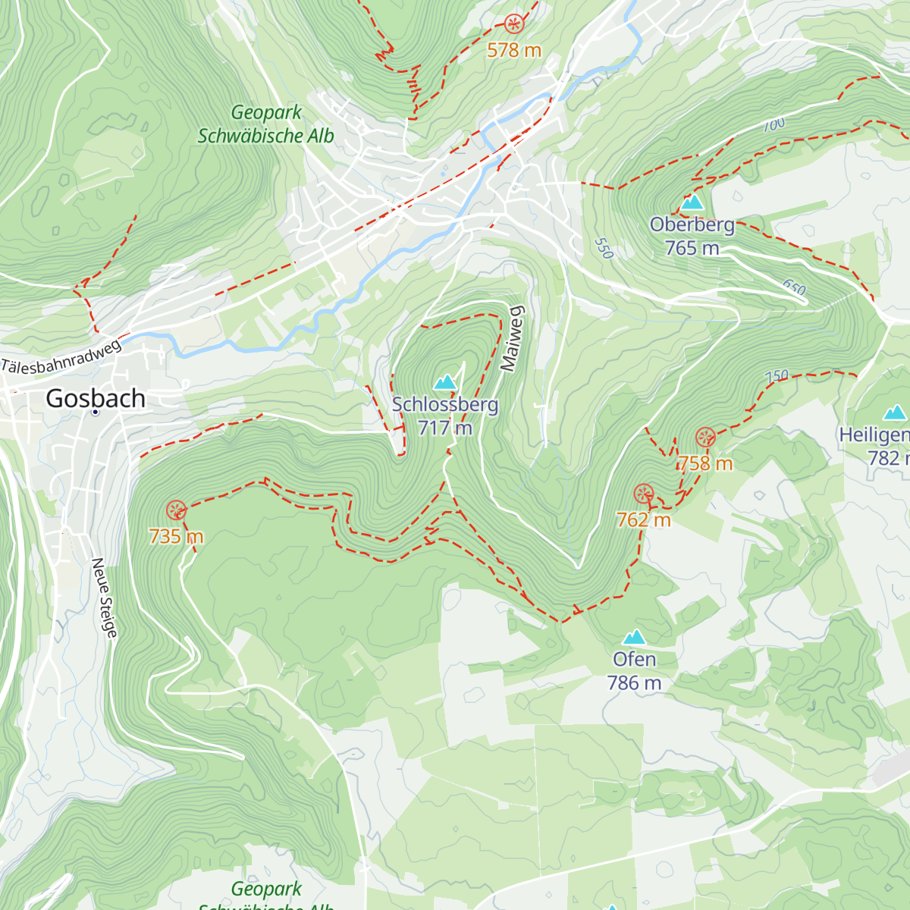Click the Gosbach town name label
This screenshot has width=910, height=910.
point(96,398)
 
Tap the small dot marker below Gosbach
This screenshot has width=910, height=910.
point(96,412)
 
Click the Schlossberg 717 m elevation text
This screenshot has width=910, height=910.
point(445,428)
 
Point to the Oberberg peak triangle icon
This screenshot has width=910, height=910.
point(692,202)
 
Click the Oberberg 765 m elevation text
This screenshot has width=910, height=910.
point(692,248)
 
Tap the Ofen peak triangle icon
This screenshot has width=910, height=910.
point(634,637)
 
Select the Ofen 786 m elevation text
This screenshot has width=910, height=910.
point(634,683)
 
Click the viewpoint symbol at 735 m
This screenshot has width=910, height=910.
point(176,510)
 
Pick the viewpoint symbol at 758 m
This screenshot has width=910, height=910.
point(705,438)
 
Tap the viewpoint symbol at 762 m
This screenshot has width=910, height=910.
point(644,494)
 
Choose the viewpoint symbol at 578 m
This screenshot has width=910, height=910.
point(514,24)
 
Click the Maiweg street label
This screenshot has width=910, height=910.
point(513,338)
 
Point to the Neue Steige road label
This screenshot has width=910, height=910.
point(105,598)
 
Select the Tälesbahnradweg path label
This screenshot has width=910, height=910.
point(61,356)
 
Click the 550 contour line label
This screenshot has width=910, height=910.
point(604,248)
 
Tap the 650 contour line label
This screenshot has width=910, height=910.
point(794,288)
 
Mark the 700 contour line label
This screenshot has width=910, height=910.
point(774,124)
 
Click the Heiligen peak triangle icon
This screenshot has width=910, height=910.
point(896,413)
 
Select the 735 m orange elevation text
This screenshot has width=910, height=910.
point(176,537)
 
